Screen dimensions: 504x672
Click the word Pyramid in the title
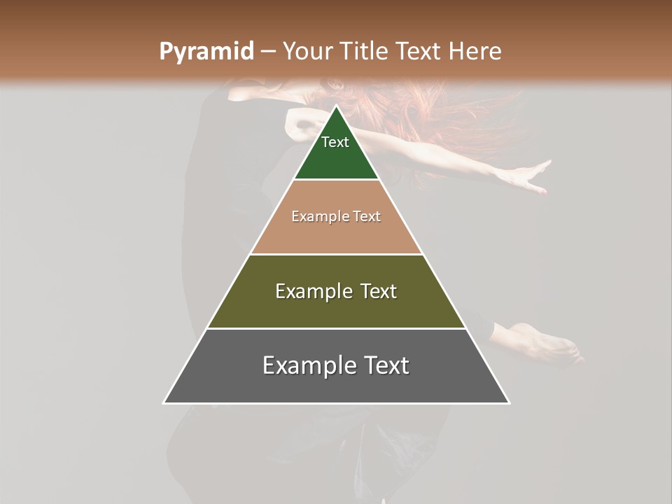click(x=206, y=52)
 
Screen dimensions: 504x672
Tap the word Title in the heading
click(x=365, y=52)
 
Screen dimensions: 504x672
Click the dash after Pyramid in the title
click(x=269, y=52)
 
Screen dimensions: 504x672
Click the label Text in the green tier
click(x=335, y=142)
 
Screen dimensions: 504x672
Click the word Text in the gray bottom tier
click(x=384, y=365)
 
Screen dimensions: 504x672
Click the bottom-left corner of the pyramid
click(x=164, y=402)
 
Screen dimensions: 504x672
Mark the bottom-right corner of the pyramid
click(x=509, y=402)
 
